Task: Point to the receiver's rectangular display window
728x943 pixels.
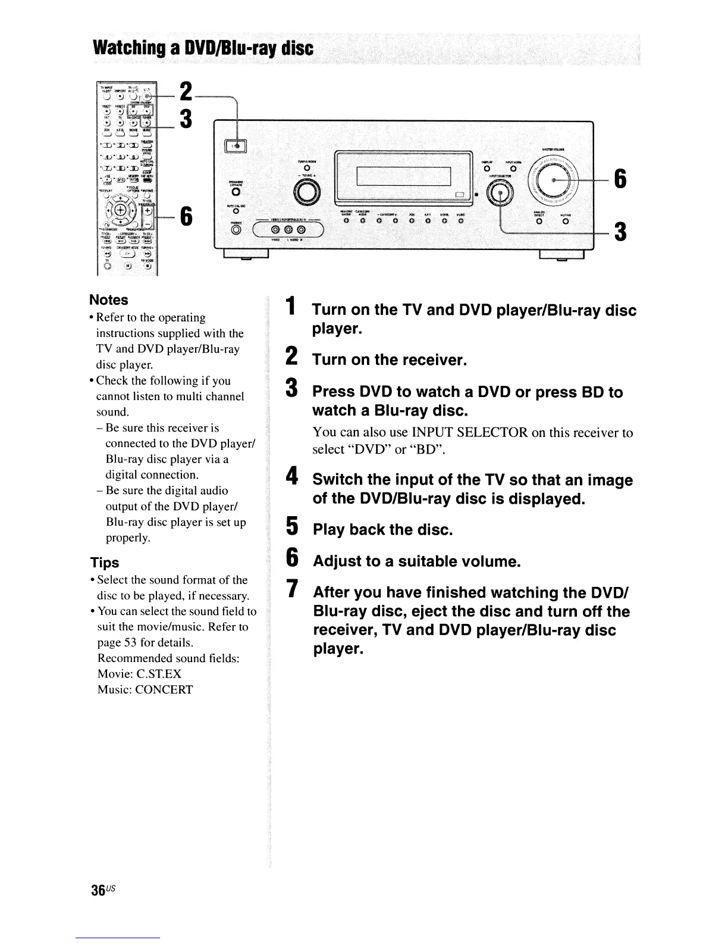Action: [404, 177]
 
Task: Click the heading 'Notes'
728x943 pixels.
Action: [108, 300]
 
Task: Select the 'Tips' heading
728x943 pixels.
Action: [104, 563]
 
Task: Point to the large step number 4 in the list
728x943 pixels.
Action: [291, 476]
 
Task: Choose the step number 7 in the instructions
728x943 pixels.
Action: [291, 589]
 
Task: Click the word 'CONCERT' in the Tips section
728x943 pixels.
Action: [165, 690]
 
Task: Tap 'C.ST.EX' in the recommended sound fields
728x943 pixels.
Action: [159, 674]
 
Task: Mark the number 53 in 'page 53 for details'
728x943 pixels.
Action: [130, 643]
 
